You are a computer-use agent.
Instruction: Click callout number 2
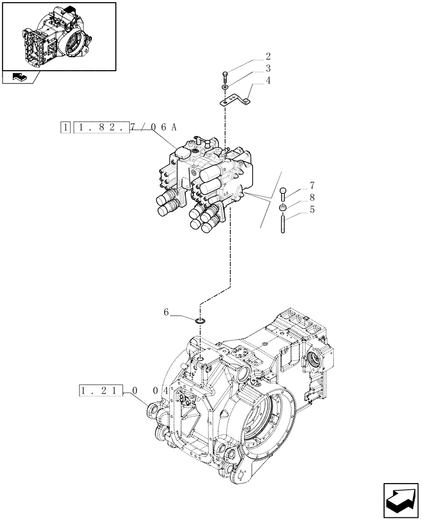[x=268, y=56]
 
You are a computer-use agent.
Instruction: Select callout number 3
[x=268, y=68]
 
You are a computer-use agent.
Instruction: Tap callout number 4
[x=268, y=81]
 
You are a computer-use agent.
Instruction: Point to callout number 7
[x=312, y=186]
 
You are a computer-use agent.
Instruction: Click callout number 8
[x=312, y=198]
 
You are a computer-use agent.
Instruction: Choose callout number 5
[x=312, y=210]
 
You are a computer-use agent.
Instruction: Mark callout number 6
[x=166, y=312]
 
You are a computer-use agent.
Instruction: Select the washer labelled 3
[x=225, y=88]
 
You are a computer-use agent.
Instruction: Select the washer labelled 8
[x=283, y=208]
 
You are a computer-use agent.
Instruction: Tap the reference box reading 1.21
[x=101, y=390]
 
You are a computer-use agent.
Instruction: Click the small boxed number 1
[x=65, y=127]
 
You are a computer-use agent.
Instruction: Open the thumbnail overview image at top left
[x=59, y=36]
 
